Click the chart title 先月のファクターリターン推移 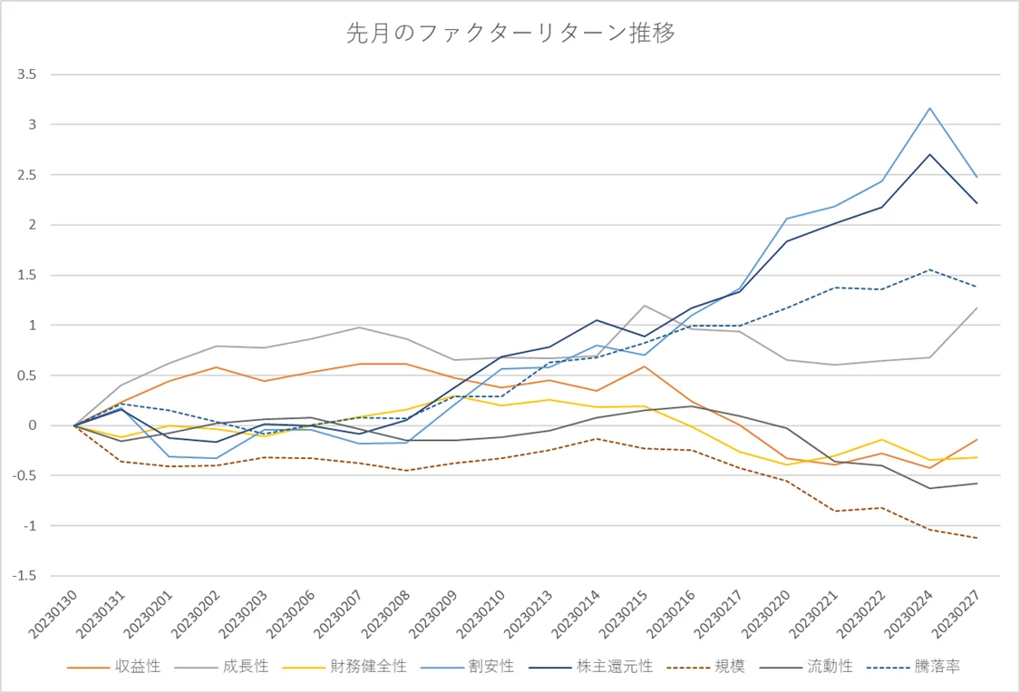510,34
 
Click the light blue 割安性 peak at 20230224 929,108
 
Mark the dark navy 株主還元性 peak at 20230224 929,154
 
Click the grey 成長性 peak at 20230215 645,306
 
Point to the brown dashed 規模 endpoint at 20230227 976,538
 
